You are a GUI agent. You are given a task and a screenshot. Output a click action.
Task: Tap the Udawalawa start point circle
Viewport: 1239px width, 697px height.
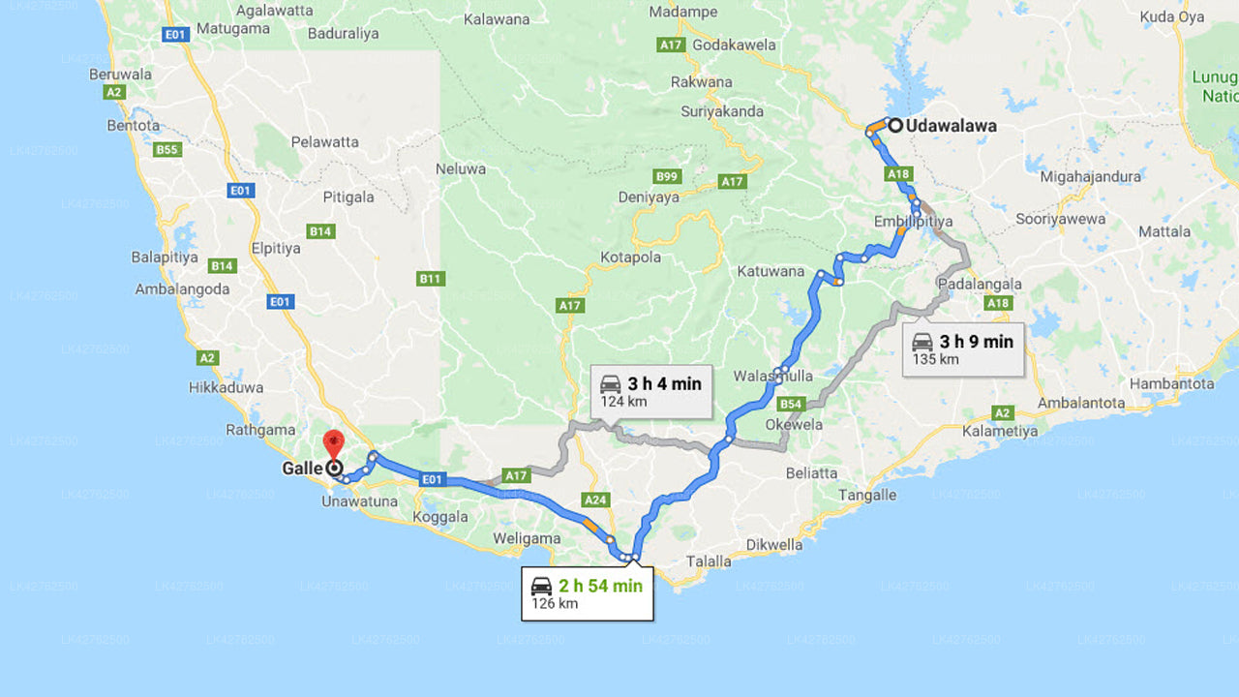click(895, 125)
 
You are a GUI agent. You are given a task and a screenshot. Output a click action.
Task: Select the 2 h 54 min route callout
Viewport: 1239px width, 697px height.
click(587, 593)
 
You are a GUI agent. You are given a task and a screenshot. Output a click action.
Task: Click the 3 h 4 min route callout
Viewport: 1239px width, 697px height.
click(650, 391)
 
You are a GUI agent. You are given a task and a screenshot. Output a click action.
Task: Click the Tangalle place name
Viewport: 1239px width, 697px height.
click(866, 495)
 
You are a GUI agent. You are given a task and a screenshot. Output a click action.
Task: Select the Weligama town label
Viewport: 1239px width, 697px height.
click(526, 538)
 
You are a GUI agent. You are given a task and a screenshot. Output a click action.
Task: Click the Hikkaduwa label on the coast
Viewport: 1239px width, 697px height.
click(227, 387)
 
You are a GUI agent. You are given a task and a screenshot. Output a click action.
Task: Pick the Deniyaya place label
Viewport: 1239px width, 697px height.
click(649, 197)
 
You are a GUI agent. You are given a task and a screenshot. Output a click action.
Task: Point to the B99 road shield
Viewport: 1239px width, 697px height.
click(667, 176)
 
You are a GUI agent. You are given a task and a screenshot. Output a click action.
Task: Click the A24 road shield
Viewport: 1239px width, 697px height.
click(595, 500)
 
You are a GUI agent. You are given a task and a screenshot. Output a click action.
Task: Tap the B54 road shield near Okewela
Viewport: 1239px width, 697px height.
click(791, 403)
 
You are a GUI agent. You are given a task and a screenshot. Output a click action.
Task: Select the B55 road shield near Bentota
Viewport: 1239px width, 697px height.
click(167, 149)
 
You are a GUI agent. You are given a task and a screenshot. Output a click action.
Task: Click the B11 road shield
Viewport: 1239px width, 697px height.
click(430, 279)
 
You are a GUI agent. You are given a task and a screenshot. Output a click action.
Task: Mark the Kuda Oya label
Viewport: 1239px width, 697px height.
click(1171, 16)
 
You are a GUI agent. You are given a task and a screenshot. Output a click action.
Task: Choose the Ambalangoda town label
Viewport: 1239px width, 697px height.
click(182, 288)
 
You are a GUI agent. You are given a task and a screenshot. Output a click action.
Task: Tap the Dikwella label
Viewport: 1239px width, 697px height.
click(774, 544)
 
